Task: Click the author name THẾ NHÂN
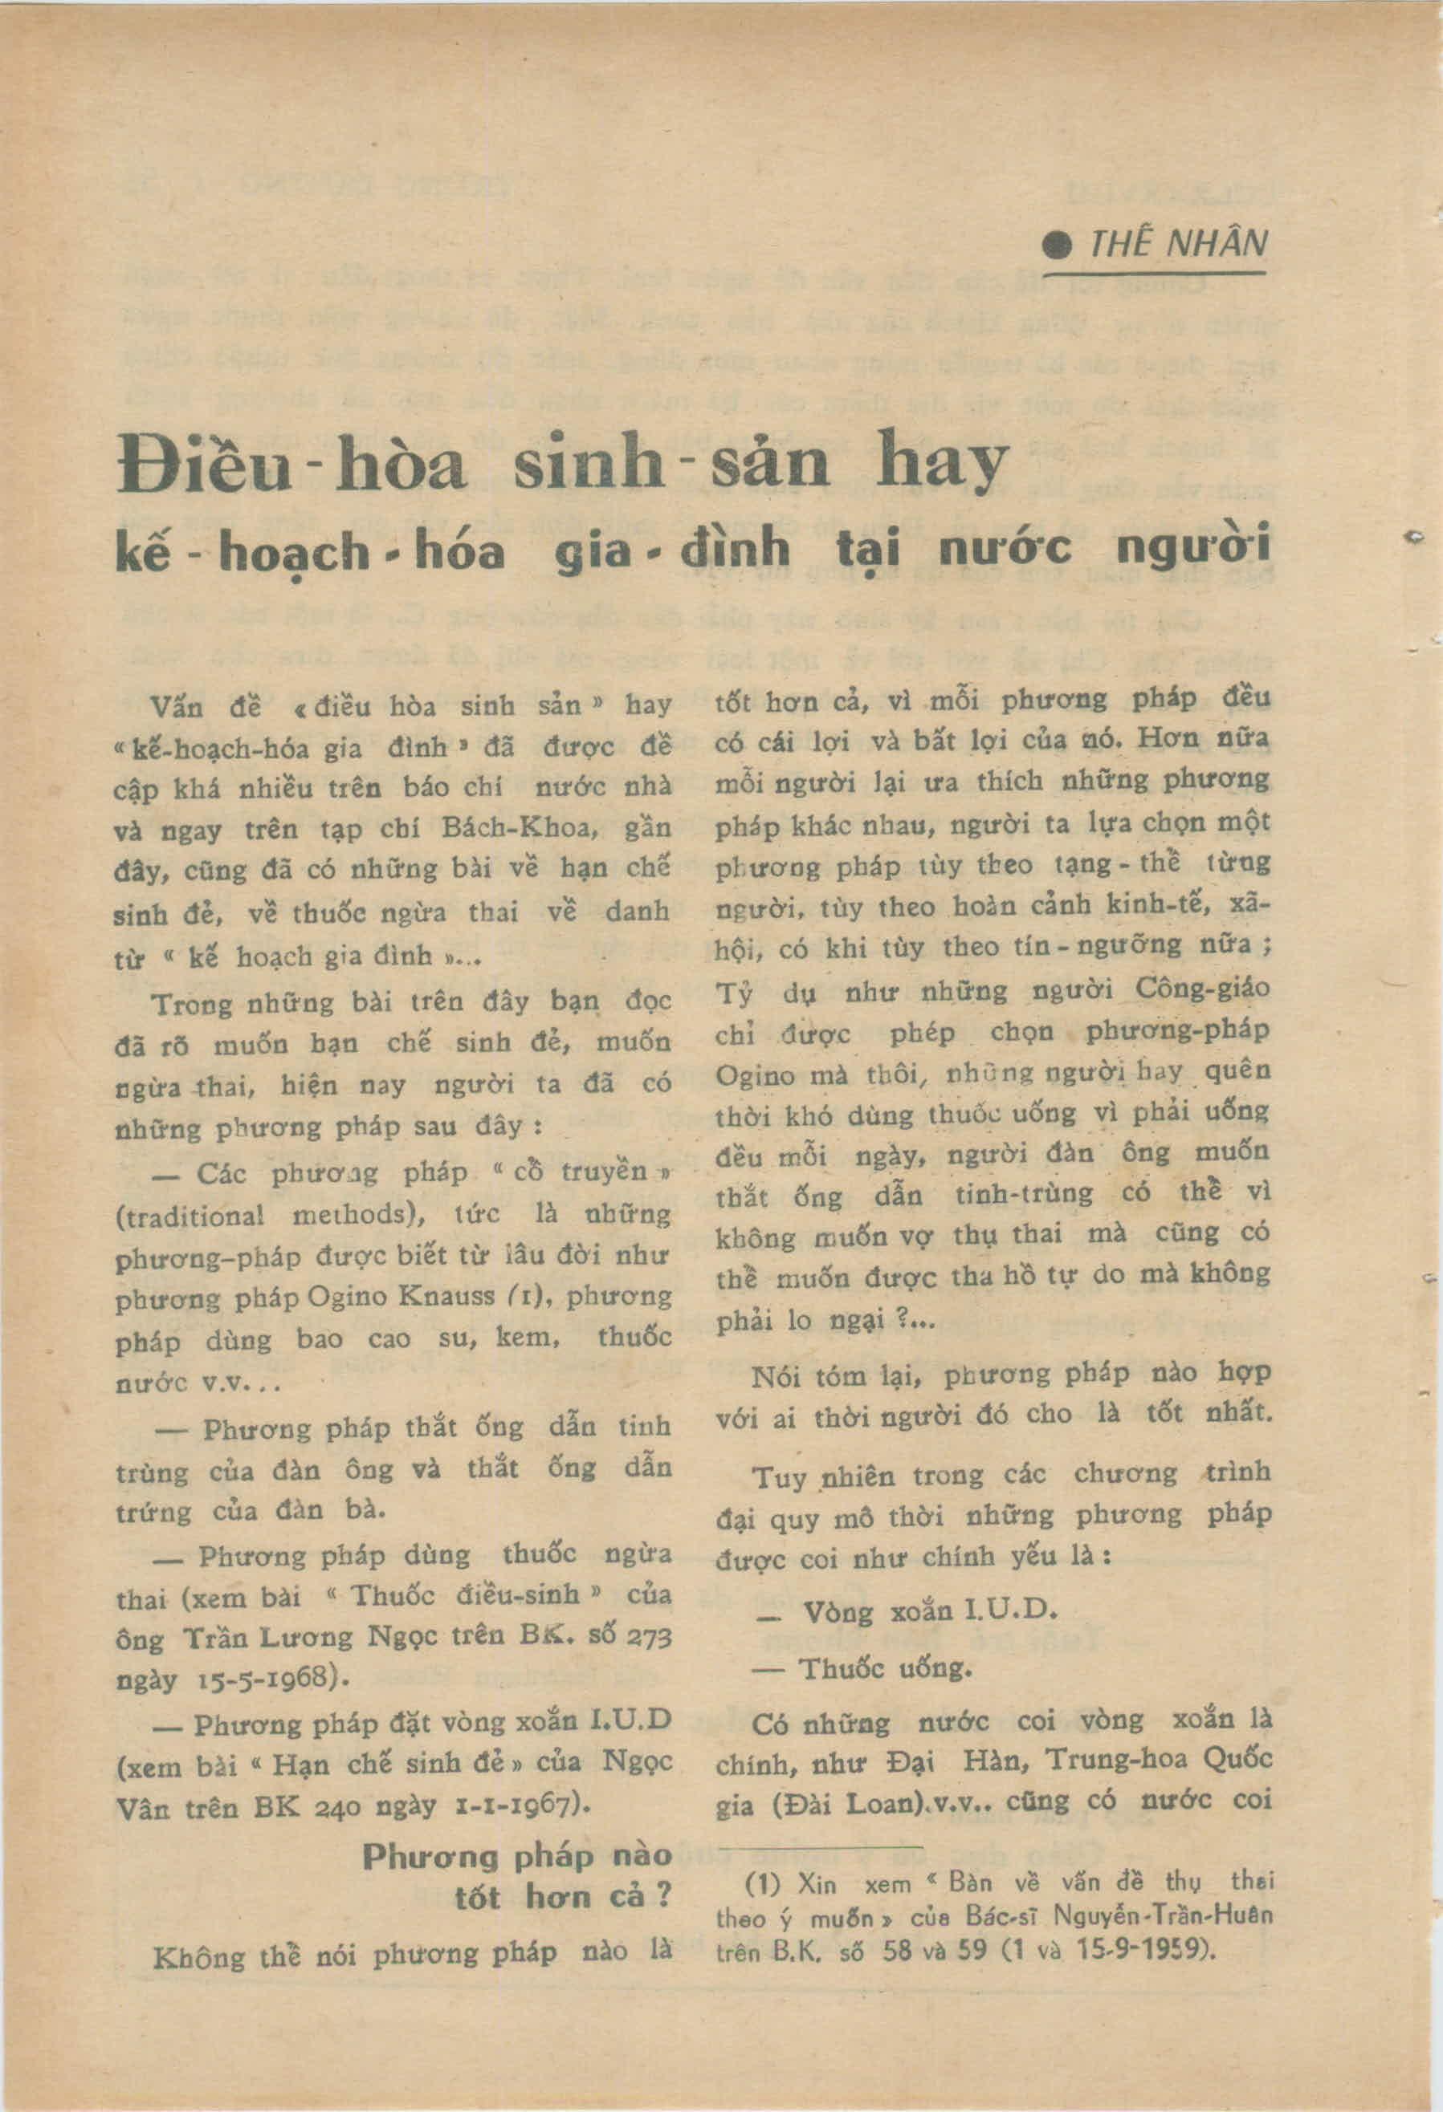click(1177, 244)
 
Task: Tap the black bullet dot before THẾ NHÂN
click(1058, 246)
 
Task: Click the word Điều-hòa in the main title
click(293, 466)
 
